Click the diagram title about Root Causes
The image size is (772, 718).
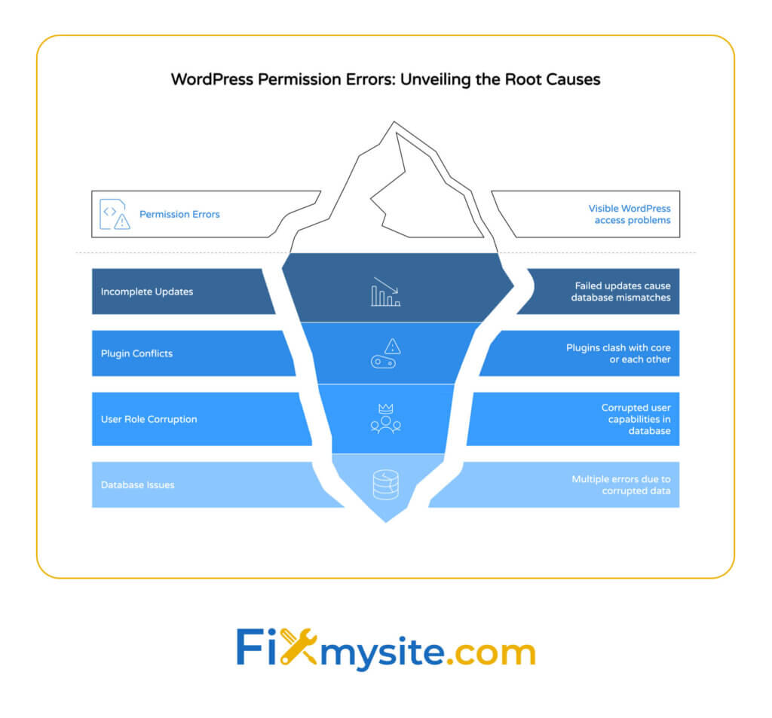pyautogui.click(x=385, y=79)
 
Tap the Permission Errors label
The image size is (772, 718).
pyautogui.click(x=179, y=214)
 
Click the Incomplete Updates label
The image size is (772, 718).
pyautogui.click(x=147, y=292)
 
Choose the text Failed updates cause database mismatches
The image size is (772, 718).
pyautogui.click(x=620, y=292)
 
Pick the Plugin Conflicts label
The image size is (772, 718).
pyautogui.click(x=136, y=353)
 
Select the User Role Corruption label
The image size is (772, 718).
pyautogui.click(x=149, y=419)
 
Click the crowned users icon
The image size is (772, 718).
pyautogui.click(x=385, y=419)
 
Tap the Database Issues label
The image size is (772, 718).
pyautogui.click(x=137, y=484)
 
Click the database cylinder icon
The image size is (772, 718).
pyautogui.click(x=385, y=484)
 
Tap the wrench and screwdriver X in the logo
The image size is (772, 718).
pyautogui.click(x=298, y=646)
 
